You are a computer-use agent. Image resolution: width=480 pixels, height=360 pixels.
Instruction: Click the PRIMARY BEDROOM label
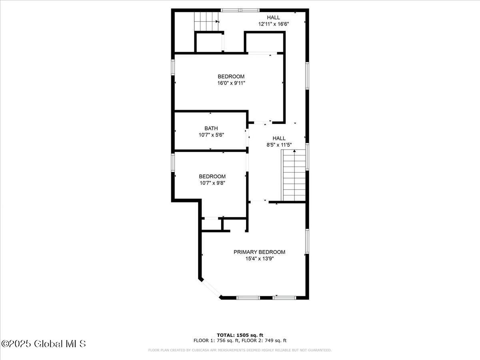259,252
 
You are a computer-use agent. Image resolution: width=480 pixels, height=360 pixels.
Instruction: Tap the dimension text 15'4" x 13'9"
259,259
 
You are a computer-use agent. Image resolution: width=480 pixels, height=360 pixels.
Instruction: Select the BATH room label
211,128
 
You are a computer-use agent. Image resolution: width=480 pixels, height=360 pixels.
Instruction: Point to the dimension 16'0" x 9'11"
231,83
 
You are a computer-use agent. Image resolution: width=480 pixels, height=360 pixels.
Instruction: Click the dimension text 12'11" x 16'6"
273,24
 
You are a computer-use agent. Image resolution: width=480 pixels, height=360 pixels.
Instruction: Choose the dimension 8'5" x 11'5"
279,145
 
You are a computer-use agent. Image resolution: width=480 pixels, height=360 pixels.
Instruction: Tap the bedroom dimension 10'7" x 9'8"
212,183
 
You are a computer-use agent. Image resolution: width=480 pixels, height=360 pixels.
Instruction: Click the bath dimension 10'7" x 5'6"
211,135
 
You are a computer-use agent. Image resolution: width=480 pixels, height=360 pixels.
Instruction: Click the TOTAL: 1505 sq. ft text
240,335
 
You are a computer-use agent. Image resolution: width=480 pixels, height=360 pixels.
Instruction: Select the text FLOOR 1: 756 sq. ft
216,341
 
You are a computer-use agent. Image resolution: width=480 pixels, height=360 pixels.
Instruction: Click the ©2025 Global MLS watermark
44,344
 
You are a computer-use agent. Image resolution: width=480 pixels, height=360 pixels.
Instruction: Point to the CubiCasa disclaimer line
240,350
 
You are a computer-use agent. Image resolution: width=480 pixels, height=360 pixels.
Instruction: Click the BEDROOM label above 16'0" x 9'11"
231,76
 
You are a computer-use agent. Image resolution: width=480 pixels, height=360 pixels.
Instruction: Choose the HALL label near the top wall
273,17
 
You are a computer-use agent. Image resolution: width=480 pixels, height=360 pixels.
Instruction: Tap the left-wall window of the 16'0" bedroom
173,67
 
